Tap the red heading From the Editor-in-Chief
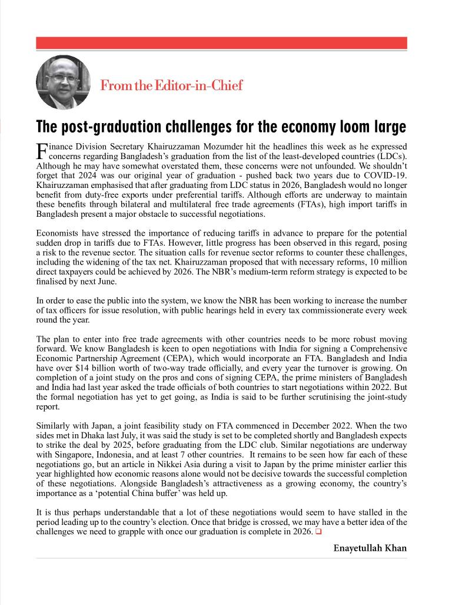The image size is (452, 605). coord(171,85)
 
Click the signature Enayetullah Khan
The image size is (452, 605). coord(370,548)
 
